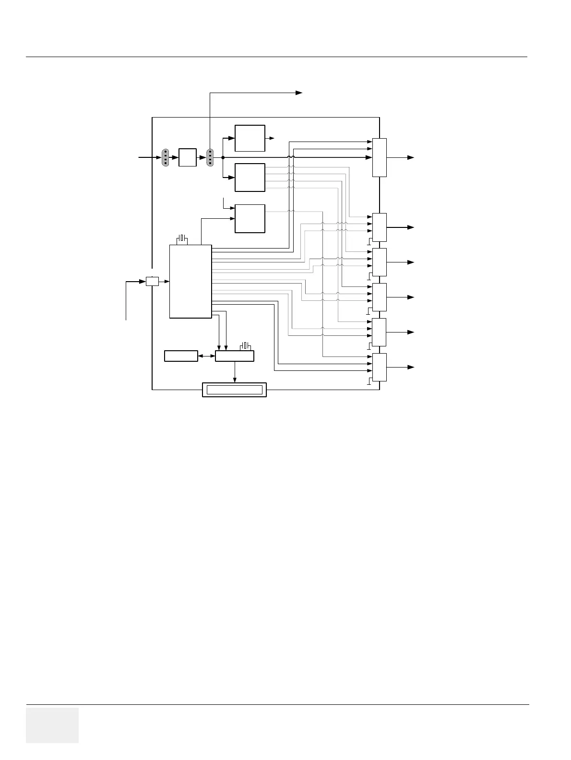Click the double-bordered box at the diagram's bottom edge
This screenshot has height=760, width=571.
(x=234, y=390)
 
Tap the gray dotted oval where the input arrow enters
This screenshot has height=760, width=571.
(x=165, y=157)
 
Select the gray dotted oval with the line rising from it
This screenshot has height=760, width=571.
(x=210, y=157)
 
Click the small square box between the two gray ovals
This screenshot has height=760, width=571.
(x=187, y=157)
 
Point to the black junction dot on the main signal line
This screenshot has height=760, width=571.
(x=223, y=157)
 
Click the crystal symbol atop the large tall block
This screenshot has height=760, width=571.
(x=181, y=239)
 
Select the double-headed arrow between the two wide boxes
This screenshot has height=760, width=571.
(x=206, y=356)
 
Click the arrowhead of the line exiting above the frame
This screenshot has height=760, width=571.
(x=299, y=93)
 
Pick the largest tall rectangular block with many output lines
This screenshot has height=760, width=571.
(x=190, y=281)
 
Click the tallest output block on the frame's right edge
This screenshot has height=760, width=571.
(x=379, y=157)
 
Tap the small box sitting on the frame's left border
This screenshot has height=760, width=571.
(x=152, y=281)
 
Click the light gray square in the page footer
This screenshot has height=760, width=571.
(x=52, y=725)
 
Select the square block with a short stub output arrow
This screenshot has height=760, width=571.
(x=250, y=138)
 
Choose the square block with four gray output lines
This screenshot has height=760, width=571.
(x=250, y=177)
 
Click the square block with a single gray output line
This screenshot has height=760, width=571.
(x=250, y=218)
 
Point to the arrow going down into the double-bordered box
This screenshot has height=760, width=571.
(x=235, y=379)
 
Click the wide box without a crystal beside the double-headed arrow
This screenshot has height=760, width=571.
(x=181, y=356)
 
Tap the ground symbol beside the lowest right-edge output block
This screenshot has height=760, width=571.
(x=369, y=381)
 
